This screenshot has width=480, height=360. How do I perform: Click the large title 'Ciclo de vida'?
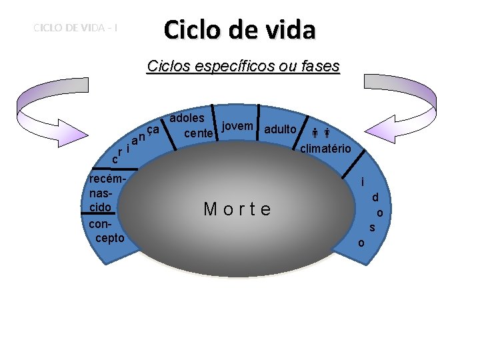tap(239, 30)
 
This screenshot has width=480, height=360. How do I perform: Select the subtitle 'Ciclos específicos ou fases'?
tap(243, 67)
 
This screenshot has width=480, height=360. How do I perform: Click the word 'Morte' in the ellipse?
tap(238, 209)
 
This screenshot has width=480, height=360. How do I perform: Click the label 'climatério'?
tap(325, 148)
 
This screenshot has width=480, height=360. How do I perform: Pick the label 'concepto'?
tap(106, 231)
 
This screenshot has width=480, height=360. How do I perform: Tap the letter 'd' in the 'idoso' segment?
tap(375, 198)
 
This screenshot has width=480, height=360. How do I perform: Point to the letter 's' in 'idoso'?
tap(373, 228)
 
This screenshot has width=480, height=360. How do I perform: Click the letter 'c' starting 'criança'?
tap(115, 160)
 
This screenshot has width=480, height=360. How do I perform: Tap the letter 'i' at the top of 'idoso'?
tap(362, 182)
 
